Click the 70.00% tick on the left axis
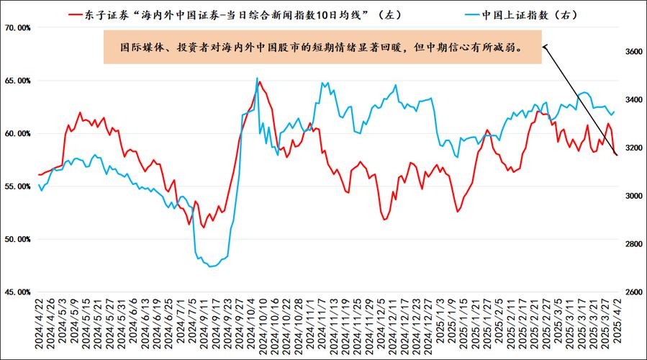click(x=17, y=28)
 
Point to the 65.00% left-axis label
click(x=17, y=81)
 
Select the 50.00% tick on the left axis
click(x=17, y=239)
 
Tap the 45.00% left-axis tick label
click(x=17, y=292)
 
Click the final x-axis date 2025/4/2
click(x=616, y=326)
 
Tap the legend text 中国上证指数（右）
click(x=520, y=13)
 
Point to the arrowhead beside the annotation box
click(x=545, y=48)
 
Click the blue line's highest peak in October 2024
click(x=257, y=78)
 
